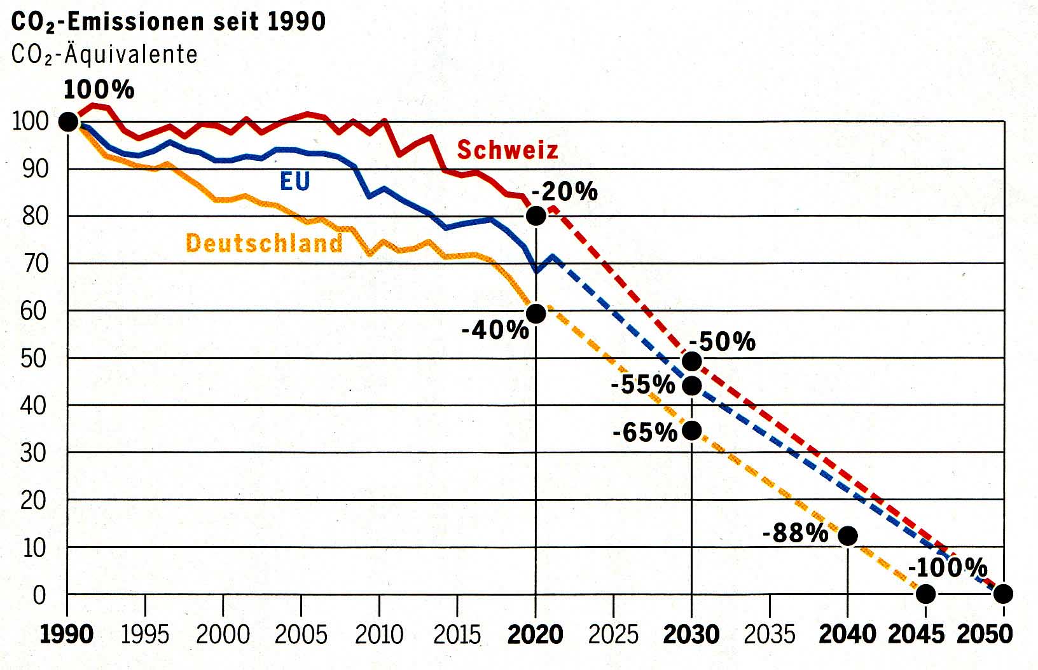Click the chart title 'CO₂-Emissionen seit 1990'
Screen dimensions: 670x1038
[x=169, y=22]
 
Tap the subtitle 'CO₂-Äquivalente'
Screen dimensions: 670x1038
[x=104, y=55]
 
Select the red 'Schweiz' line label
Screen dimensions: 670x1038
[x=507, y=150]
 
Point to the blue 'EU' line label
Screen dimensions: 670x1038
[x=294, y=181]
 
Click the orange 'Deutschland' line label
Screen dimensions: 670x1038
[x=264, y=243]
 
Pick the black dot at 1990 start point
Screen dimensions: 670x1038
[x=67, y=121]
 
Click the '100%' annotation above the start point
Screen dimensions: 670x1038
[x=99, y=90]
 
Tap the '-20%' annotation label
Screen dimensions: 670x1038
[x=564, y=191]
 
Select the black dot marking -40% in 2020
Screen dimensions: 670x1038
[x=536, y=313]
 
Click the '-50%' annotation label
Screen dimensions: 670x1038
[x=722, y=342]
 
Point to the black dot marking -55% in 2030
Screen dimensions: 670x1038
[x=692, y=386]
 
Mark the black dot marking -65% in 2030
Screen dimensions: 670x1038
[x=692, y=430]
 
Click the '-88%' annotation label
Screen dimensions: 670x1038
[x=795, y=533]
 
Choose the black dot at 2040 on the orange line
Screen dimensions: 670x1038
[x=848, y=535]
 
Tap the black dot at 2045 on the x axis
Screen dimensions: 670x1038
[x=926, y=594]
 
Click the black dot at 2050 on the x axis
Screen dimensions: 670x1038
[x=1003, y=594]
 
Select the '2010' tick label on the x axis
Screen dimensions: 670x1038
[x=378, y=634]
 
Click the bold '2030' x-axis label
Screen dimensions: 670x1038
[x=691, y=634]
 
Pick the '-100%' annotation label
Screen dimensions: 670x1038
[x=947, y=567]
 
